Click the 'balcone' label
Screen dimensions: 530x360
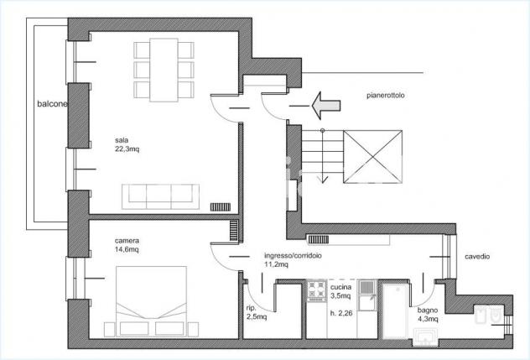coord(52,104)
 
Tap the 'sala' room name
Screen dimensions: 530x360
coord(122,140)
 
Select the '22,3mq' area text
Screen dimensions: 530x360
coord(127,149)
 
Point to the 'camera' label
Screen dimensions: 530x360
coord(127,241)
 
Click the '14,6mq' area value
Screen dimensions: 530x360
coord(127,250)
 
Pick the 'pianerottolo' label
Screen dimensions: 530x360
coord(386,96)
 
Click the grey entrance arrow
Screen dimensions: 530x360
coord(326,106)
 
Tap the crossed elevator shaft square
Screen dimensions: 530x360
coord(372,157)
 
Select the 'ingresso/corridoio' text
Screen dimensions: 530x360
coord(293,256)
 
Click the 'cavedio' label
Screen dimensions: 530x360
coord(477,257)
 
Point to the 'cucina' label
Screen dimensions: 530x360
coord(340,287)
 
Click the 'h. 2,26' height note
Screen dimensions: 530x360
coord(341,313)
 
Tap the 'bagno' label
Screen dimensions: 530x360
coord(428,310)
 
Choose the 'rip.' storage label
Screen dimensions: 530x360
coord(252,308)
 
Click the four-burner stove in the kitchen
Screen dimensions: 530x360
coord(316,290)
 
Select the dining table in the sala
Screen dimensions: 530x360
coord(164,70)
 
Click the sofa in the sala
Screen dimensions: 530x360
coord(160,196)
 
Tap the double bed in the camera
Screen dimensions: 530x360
coord(151,301)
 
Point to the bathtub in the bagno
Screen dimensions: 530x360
coord(396,311)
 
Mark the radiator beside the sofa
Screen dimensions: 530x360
coord(221,206)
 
